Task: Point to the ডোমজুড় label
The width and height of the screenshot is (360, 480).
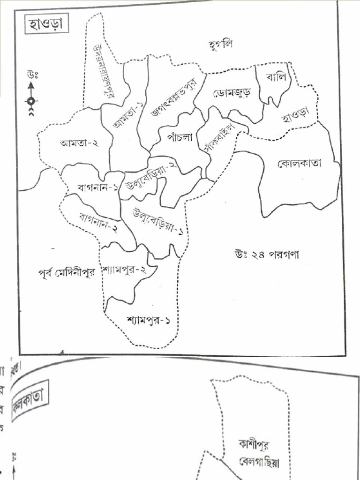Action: [232, 93]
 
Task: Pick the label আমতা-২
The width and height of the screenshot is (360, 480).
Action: [79, 143]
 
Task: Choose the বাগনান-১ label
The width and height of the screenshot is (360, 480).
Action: [97, 188]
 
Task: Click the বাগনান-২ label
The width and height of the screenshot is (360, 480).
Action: [97, 223]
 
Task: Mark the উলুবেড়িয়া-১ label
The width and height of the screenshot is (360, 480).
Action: [158, 222]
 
